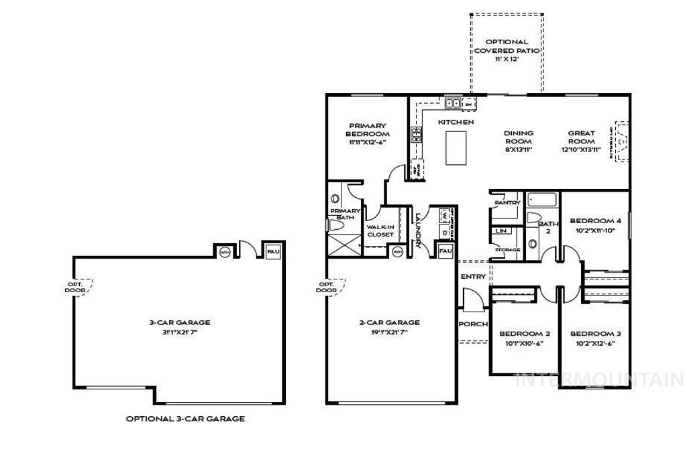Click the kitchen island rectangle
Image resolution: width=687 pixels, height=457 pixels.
coord(456,147)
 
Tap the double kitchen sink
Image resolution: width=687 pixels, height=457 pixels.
coord(453,103)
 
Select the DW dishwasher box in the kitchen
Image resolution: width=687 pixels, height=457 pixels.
coord(469,104)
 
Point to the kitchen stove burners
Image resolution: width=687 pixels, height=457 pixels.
coord(416,135)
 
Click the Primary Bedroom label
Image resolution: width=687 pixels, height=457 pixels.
coord(368,130)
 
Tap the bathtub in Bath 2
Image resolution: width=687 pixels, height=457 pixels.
coord(541,199)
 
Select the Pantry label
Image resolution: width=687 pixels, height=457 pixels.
coord(507,202)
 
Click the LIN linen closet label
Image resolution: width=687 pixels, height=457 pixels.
coord(500,231)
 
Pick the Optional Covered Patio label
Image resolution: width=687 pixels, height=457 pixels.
coord(507,46)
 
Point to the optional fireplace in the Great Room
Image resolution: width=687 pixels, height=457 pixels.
coord(622,142)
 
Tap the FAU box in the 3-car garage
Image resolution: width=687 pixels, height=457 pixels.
coord(272,250)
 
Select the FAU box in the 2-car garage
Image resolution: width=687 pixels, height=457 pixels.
coord(445,251)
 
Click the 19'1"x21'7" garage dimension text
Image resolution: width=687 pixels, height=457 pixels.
coord(389,331)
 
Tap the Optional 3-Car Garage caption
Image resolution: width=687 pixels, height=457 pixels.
coord(185,419)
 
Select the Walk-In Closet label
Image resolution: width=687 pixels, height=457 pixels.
coord(380,231)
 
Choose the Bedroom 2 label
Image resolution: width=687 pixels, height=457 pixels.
coord(525,334)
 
